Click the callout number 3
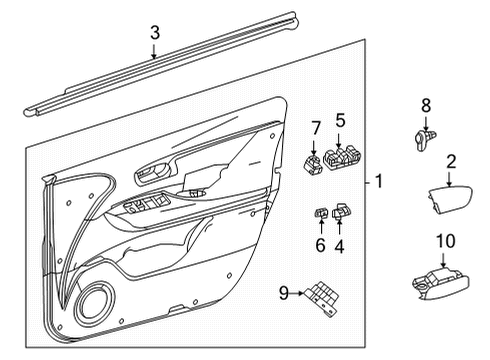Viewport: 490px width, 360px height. [x=154, y=34]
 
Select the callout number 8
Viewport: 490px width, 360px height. [x=424, y=105]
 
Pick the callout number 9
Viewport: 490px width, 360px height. [x=284, y=293]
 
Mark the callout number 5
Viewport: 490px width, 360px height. [x=340, y=121]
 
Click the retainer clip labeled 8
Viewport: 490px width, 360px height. [x=422, y=139]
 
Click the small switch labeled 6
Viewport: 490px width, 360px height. [x=322, y=212]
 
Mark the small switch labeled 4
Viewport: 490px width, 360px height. [x=343, y=211]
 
